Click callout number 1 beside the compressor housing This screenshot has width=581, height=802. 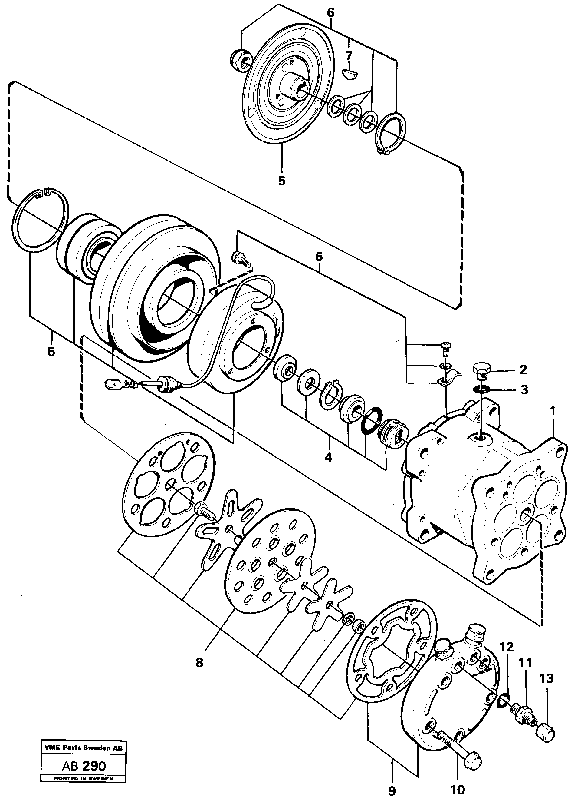[x=552, y=412]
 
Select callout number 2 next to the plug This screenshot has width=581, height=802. [x=523, y=370]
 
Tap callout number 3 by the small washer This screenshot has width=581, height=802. [x=524, y=390]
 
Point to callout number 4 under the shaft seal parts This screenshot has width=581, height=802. [x=328, y=457]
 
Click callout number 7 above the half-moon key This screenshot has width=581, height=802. [x=349, y=55]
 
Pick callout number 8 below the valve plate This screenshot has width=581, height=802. [x=199, y=662]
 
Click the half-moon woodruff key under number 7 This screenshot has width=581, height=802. [x=351, y=74]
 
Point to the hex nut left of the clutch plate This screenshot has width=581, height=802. [x=241, y=59]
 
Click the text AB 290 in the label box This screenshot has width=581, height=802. [x=84, y=766]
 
